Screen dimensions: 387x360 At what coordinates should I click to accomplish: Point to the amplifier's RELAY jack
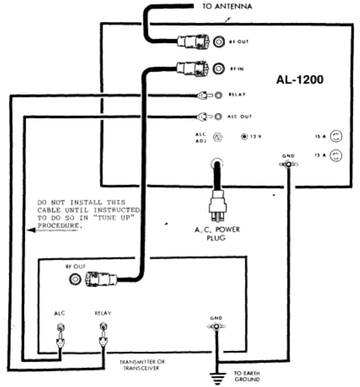pyautogui.click(x=218, y=96)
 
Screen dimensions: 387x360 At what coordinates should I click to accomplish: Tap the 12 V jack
pyautogui.click(x=243, y=136)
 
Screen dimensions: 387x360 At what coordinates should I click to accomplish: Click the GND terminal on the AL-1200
pyautogui.click(x=288, y=165)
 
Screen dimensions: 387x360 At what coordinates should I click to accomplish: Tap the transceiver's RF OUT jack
pyautogui.click(x=76, y=278)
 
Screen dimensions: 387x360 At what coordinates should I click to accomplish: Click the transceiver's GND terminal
pyautogui.click(x=216, y=327)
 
